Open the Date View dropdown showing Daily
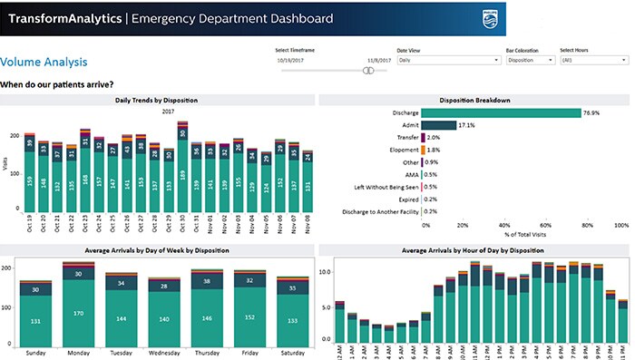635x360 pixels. (x=448, y=61)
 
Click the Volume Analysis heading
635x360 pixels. (x=44, y=62)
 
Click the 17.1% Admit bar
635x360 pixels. (x=438, y=125)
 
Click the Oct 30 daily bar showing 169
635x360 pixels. (x=183, y=174)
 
